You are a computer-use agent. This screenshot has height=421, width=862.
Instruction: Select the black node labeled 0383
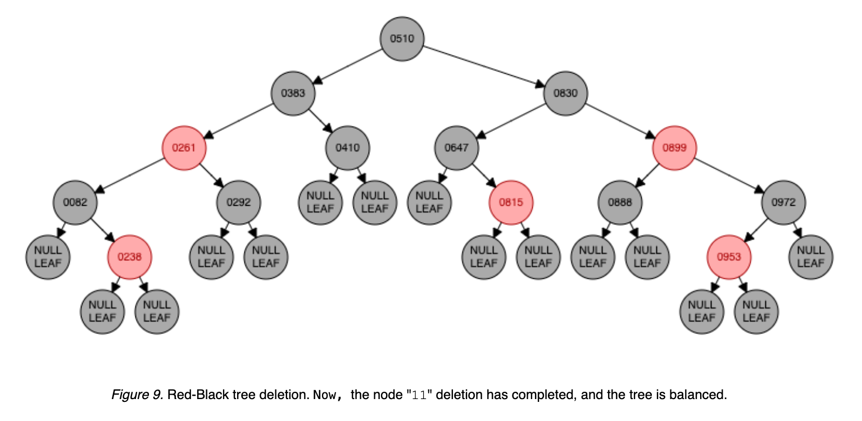point(293,93)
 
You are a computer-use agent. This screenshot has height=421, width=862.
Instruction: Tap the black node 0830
point(565,93)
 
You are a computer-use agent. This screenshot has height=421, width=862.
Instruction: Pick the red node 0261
point(184,148)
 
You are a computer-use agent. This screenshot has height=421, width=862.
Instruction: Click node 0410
point(347,148)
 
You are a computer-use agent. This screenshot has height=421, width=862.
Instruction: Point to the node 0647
point(456,148)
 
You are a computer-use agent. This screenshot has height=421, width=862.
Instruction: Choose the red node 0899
point(674,148)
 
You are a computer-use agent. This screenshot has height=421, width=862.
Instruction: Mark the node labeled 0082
point(75,202)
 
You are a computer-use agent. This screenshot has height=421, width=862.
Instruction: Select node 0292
point(238,202)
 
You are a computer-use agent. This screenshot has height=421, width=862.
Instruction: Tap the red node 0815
point(511,202)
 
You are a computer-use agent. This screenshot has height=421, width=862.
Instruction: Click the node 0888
point(620,202)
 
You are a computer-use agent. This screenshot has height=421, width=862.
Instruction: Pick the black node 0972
point(783,202)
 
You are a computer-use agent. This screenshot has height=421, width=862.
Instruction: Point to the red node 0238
point(130,257)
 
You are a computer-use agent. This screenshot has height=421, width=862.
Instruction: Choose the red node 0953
point(729,257)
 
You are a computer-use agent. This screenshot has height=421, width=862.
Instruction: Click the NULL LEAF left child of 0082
point(48,257)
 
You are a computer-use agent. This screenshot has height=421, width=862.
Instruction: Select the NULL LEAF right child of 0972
point(811,257)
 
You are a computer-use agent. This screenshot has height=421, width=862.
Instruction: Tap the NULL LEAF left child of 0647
point(429,202)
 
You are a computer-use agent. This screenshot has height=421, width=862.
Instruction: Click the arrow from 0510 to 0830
point(483,66)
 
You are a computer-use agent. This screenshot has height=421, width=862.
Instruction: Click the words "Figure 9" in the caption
point(131,395)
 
